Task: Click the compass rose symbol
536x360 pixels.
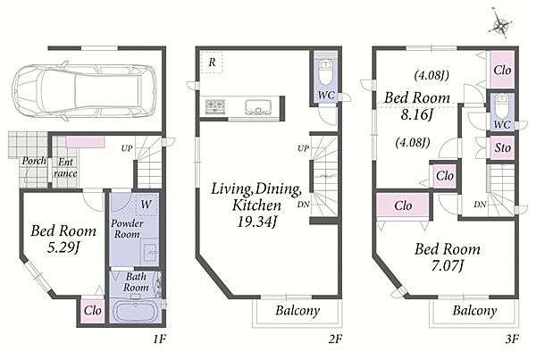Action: point(501,25)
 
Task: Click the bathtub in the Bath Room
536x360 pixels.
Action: point(136,311)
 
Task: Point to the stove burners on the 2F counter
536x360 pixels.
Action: point(215,105)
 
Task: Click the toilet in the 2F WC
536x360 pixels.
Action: point(325,71)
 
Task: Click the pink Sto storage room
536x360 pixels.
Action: point(502,147)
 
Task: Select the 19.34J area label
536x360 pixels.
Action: point(256,222)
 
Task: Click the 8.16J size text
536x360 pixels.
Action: point(417,114)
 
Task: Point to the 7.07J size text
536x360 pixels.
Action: point(447,265)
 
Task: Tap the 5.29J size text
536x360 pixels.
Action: point(63,247)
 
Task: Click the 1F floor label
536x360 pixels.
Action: point(159,339)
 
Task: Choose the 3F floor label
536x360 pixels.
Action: point(512,339)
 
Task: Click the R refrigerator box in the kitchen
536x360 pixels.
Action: point(212,63)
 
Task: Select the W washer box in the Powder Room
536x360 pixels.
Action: point(147,205)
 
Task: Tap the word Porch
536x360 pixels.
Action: point(34,161)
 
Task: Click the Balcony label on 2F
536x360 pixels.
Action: point(297,311)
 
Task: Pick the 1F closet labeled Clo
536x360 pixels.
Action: point(93,311)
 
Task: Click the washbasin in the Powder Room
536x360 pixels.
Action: point(150,253)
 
